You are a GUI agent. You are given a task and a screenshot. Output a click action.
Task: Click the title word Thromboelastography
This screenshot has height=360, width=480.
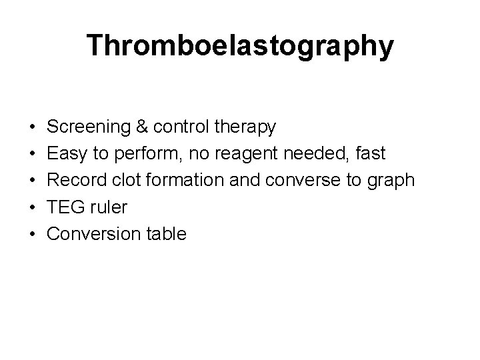(x=240, y=46)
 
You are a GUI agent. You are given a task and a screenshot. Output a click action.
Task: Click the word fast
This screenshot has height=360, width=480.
(x=370, y=153)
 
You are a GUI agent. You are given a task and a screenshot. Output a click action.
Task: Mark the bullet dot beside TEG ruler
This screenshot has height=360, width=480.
(x=32, y=207)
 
